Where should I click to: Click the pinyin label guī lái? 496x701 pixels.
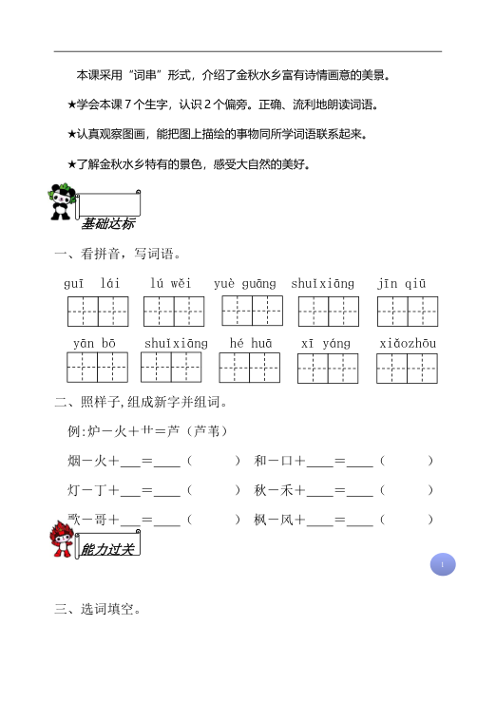[x=91, y=283]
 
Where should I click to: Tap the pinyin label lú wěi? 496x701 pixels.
[x=171, y=283]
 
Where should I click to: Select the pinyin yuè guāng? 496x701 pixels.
[x=245, y=283]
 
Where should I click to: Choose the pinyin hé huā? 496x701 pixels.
[x=250, y=343]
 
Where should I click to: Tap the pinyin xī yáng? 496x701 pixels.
[x=326, y=343]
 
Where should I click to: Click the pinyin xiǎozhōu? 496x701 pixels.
[x=408, y=343]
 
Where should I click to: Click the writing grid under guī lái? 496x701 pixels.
[x=98, y=311]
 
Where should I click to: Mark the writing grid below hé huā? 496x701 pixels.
[x=249, y=368]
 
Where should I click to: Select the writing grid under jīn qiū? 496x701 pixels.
[x=408, y=311]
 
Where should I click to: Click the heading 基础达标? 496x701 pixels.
[x=107, y=224]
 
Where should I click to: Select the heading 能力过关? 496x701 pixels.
[x=109, y=549]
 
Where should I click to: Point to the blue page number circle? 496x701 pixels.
[x=442, y=564]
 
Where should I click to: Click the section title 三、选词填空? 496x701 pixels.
[x=99, y=610]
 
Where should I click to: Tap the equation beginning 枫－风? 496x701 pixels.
[x=344, y=520]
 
